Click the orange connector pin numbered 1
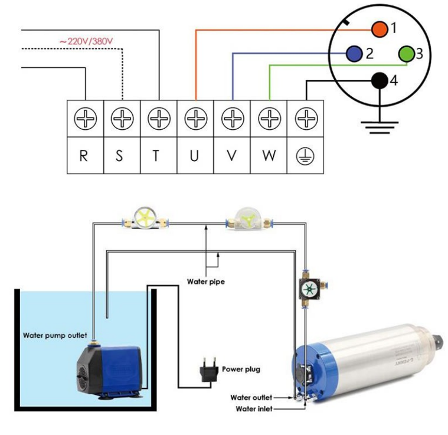click(379, 28)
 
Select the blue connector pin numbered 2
click(354, 54)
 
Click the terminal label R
click(84, 156)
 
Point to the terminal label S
click(120, 156)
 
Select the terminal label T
click(156, 156)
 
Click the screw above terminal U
click(195, 119)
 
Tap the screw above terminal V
click(233, 119)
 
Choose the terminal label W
click(269, 156)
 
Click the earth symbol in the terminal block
click(306, 156)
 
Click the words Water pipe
click(205, 282)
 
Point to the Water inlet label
click(254, 408)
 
